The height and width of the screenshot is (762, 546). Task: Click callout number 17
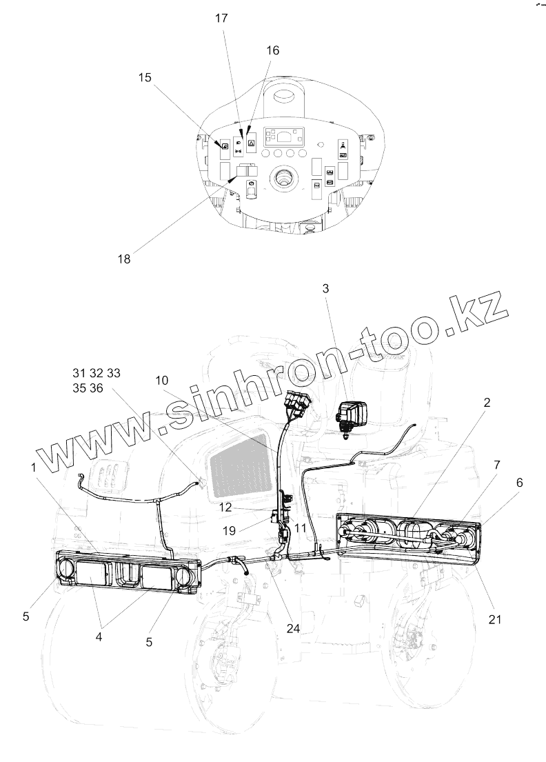pos(221,19)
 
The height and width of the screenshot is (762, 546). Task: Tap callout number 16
pos(273,50)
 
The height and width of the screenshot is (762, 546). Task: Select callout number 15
pos(145,78)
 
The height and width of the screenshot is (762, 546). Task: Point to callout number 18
pos(124,259)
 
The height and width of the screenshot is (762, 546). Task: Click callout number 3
pos(326,289)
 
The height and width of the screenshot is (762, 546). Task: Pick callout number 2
pos(487,403)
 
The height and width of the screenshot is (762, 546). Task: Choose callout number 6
pos(519,485)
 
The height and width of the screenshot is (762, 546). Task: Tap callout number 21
pos(494,619)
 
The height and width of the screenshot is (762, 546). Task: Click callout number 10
pos(161,381)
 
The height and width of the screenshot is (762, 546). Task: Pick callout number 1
pos(33,468)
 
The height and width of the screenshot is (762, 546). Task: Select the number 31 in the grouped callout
pos(79,373)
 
